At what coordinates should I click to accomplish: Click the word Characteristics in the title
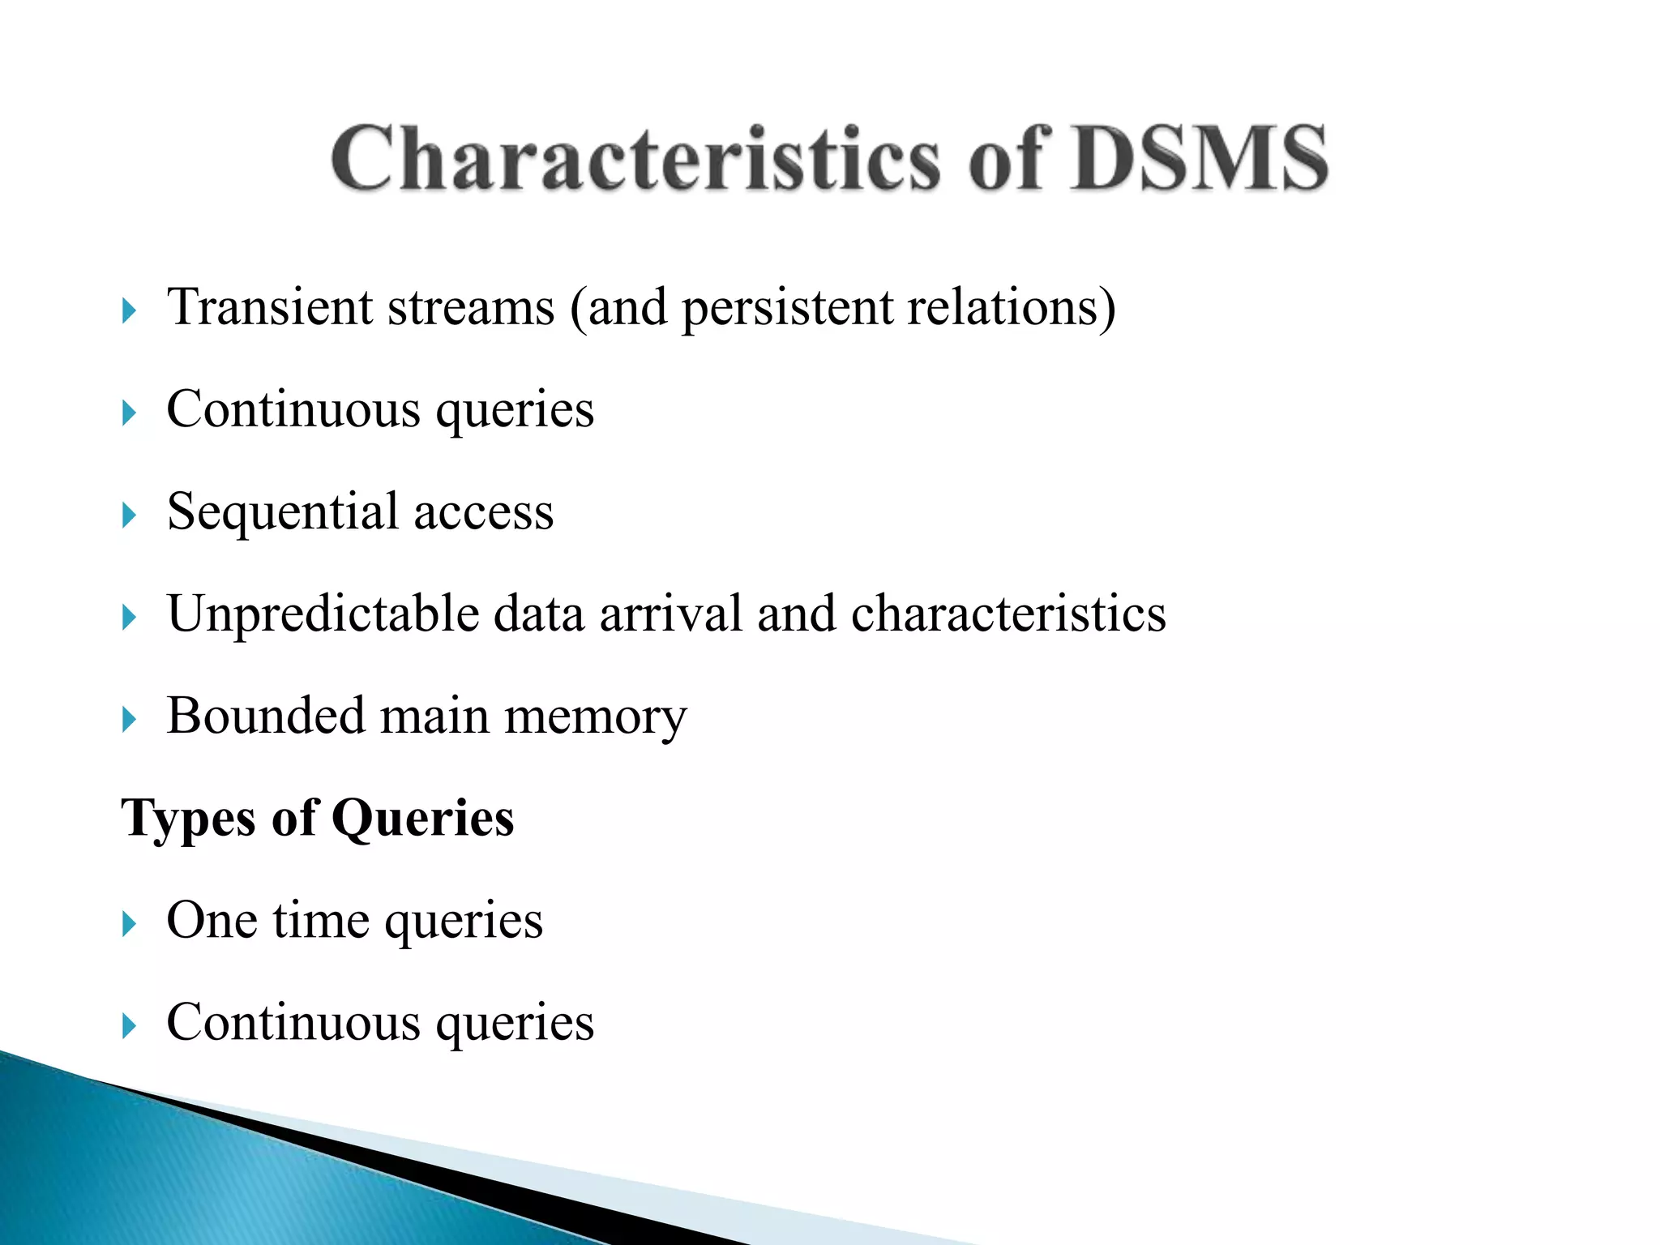click(636, 160)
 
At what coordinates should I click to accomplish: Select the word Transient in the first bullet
click(270, 308)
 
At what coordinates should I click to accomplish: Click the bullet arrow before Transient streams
click(129, 310)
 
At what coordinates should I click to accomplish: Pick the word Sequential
click(283, 513)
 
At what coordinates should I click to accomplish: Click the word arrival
click(670, 614)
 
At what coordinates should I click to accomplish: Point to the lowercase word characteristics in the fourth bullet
click(1008, 614)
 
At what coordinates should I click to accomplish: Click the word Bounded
click(265, 717)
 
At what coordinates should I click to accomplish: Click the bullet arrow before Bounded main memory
click(129, 719)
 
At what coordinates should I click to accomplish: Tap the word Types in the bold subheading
click(188, 819)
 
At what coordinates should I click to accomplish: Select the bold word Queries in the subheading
click(422, 819)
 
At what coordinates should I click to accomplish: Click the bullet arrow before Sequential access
click(129, 515)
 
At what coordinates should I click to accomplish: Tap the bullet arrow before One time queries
click(129, 923)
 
